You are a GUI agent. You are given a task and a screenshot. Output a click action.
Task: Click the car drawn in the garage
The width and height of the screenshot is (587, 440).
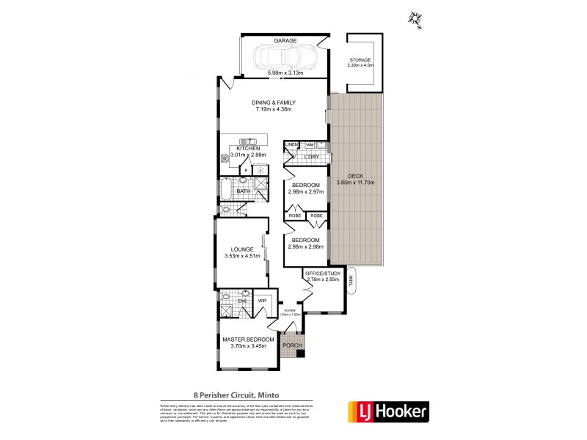283,57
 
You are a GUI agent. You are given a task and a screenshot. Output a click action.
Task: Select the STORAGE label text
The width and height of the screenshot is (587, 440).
360,59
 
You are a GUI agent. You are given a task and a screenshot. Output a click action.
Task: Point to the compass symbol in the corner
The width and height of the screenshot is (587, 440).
418,18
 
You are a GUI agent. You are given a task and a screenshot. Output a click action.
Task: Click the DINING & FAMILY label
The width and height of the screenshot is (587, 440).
274,102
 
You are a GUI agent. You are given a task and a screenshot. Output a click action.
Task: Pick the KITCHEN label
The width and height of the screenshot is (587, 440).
247,148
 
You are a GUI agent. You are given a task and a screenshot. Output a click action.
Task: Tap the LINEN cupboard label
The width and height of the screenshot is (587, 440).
291,144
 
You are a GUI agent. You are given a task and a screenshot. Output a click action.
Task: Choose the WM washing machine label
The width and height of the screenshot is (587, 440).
310,144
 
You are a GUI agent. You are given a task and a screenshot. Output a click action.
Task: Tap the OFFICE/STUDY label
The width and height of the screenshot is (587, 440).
323,273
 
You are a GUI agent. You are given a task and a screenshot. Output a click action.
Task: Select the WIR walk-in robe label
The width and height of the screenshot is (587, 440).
262,301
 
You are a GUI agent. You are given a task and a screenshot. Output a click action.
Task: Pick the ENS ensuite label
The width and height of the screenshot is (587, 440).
240,301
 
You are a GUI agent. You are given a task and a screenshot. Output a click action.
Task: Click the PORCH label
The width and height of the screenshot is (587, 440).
293,345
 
